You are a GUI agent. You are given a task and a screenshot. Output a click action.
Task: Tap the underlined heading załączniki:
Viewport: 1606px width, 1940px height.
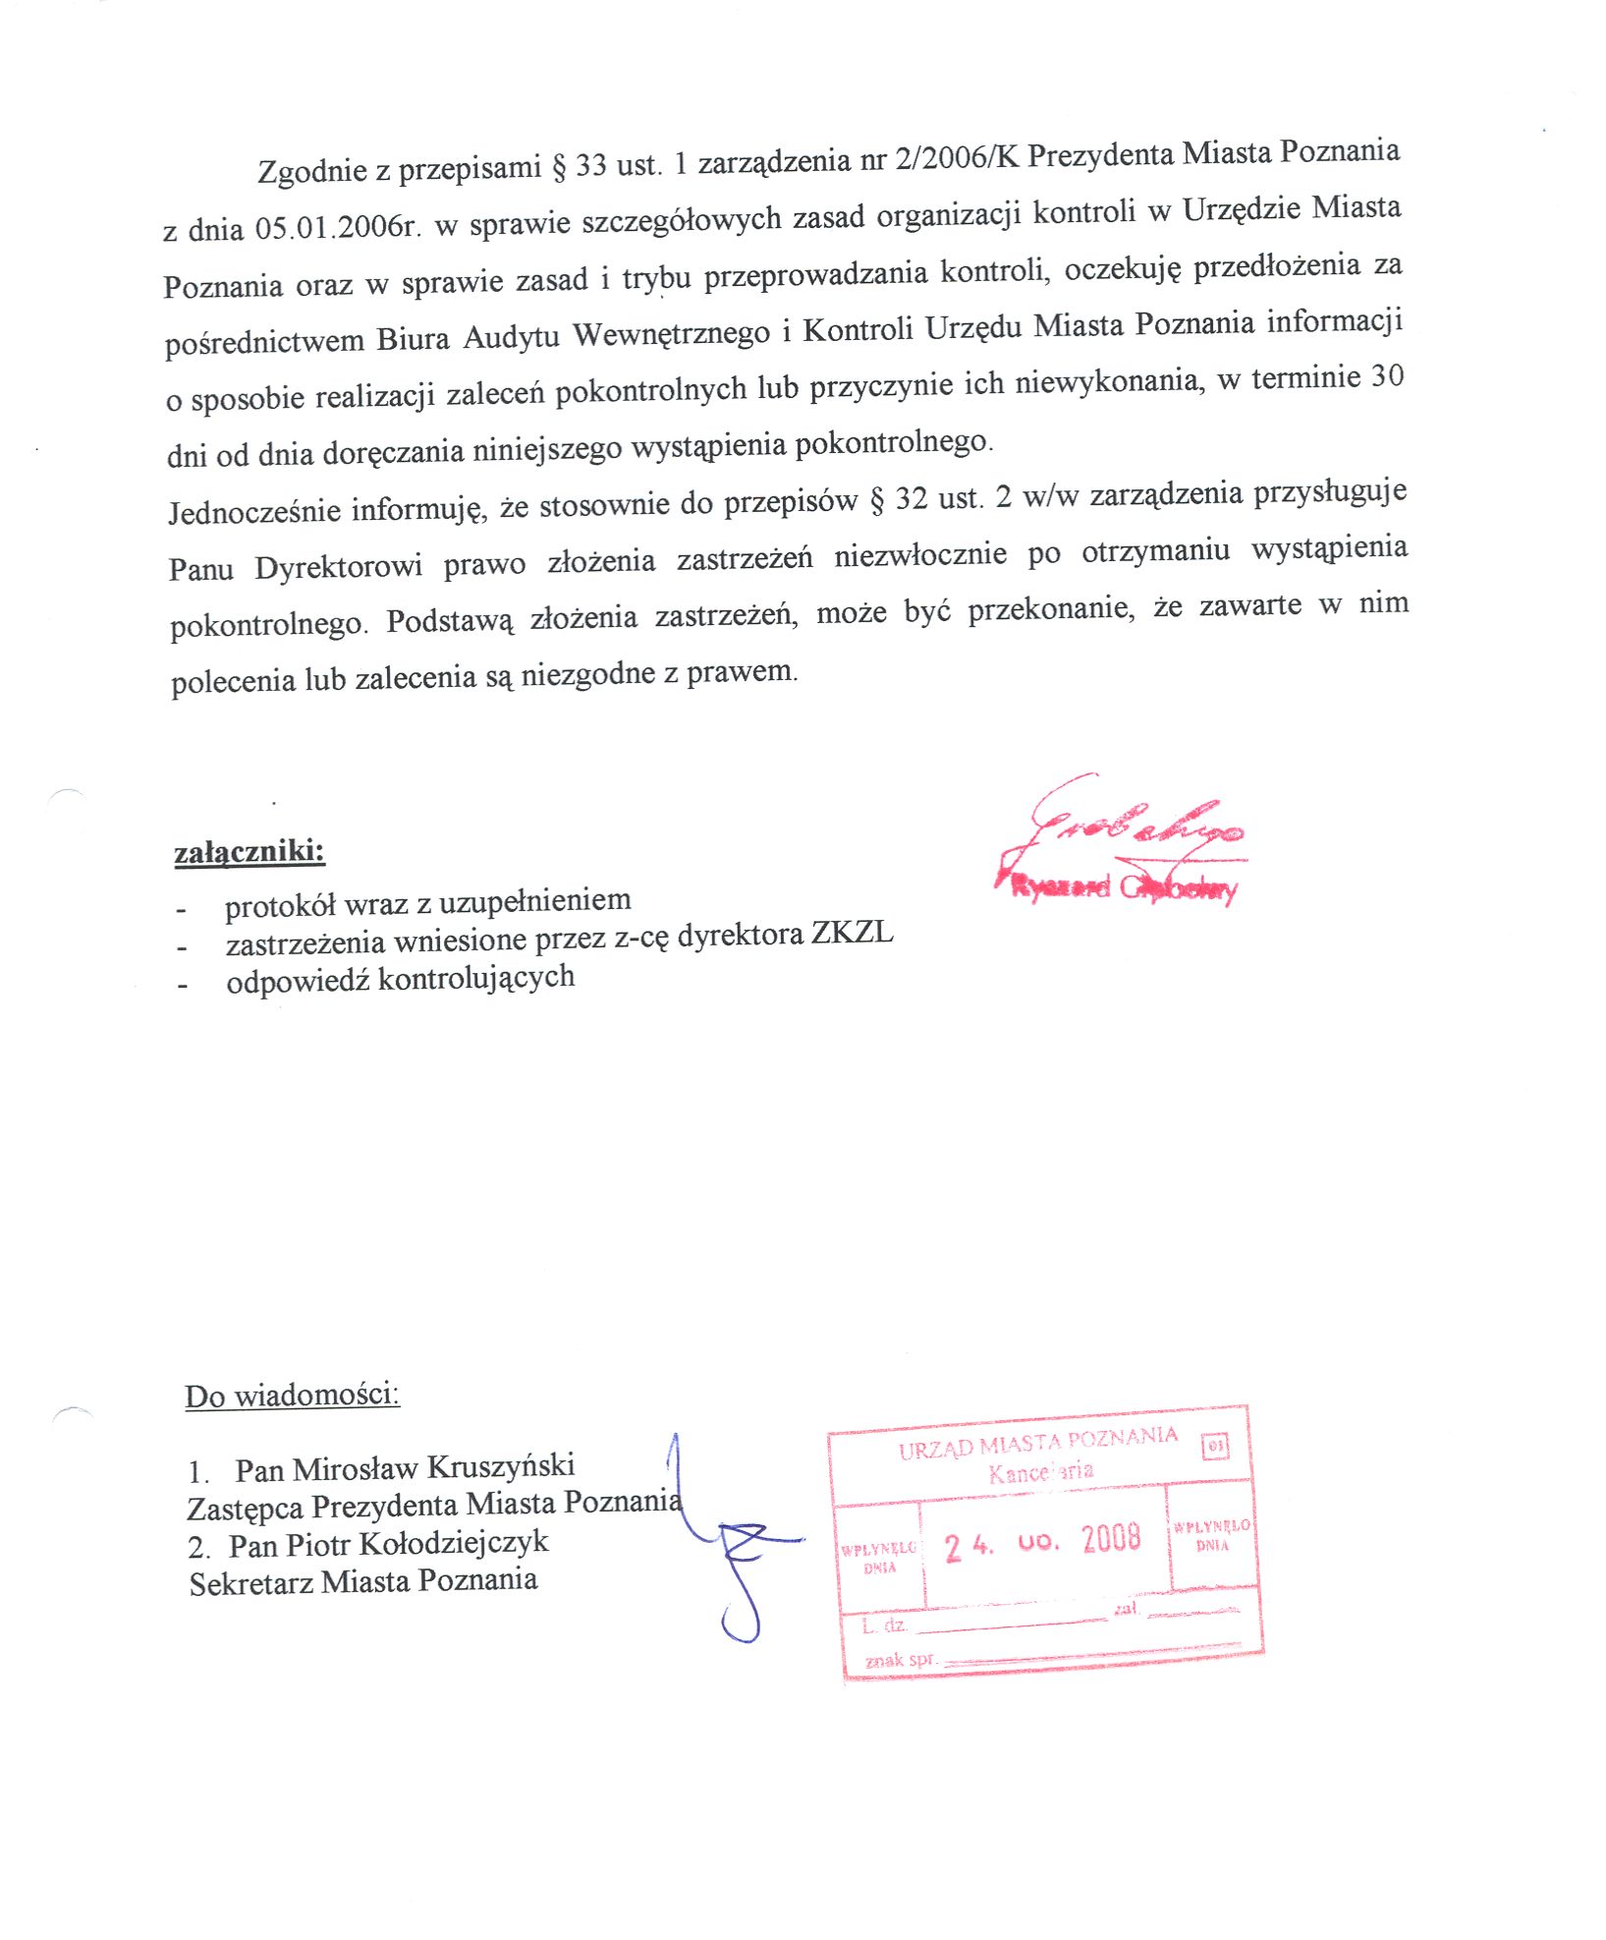[249, 851]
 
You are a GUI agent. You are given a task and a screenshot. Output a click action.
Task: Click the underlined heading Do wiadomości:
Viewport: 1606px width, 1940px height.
[292, 1396]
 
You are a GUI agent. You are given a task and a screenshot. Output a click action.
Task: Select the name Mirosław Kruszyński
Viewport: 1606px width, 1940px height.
[433, 1467]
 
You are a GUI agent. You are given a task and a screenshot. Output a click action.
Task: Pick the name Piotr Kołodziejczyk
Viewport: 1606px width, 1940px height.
[416, 1544]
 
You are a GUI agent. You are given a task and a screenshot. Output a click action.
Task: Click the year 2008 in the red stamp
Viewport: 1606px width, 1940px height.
[1111, 1538]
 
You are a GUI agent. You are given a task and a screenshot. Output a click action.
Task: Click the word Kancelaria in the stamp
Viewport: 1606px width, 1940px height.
[1040, 1472]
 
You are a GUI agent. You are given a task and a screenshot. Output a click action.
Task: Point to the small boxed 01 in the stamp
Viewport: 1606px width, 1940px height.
[1215, 1447]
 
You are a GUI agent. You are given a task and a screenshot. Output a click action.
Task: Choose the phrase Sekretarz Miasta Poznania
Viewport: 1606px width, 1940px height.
[363, 1582]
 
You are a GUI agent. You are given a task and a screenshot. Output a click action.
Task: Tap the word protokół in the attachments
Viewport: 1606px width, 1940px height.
[280, 905]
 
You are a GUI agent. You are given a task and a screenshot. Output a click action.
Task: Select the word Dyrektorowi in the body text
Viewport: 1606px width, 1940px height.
[339, 567]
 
